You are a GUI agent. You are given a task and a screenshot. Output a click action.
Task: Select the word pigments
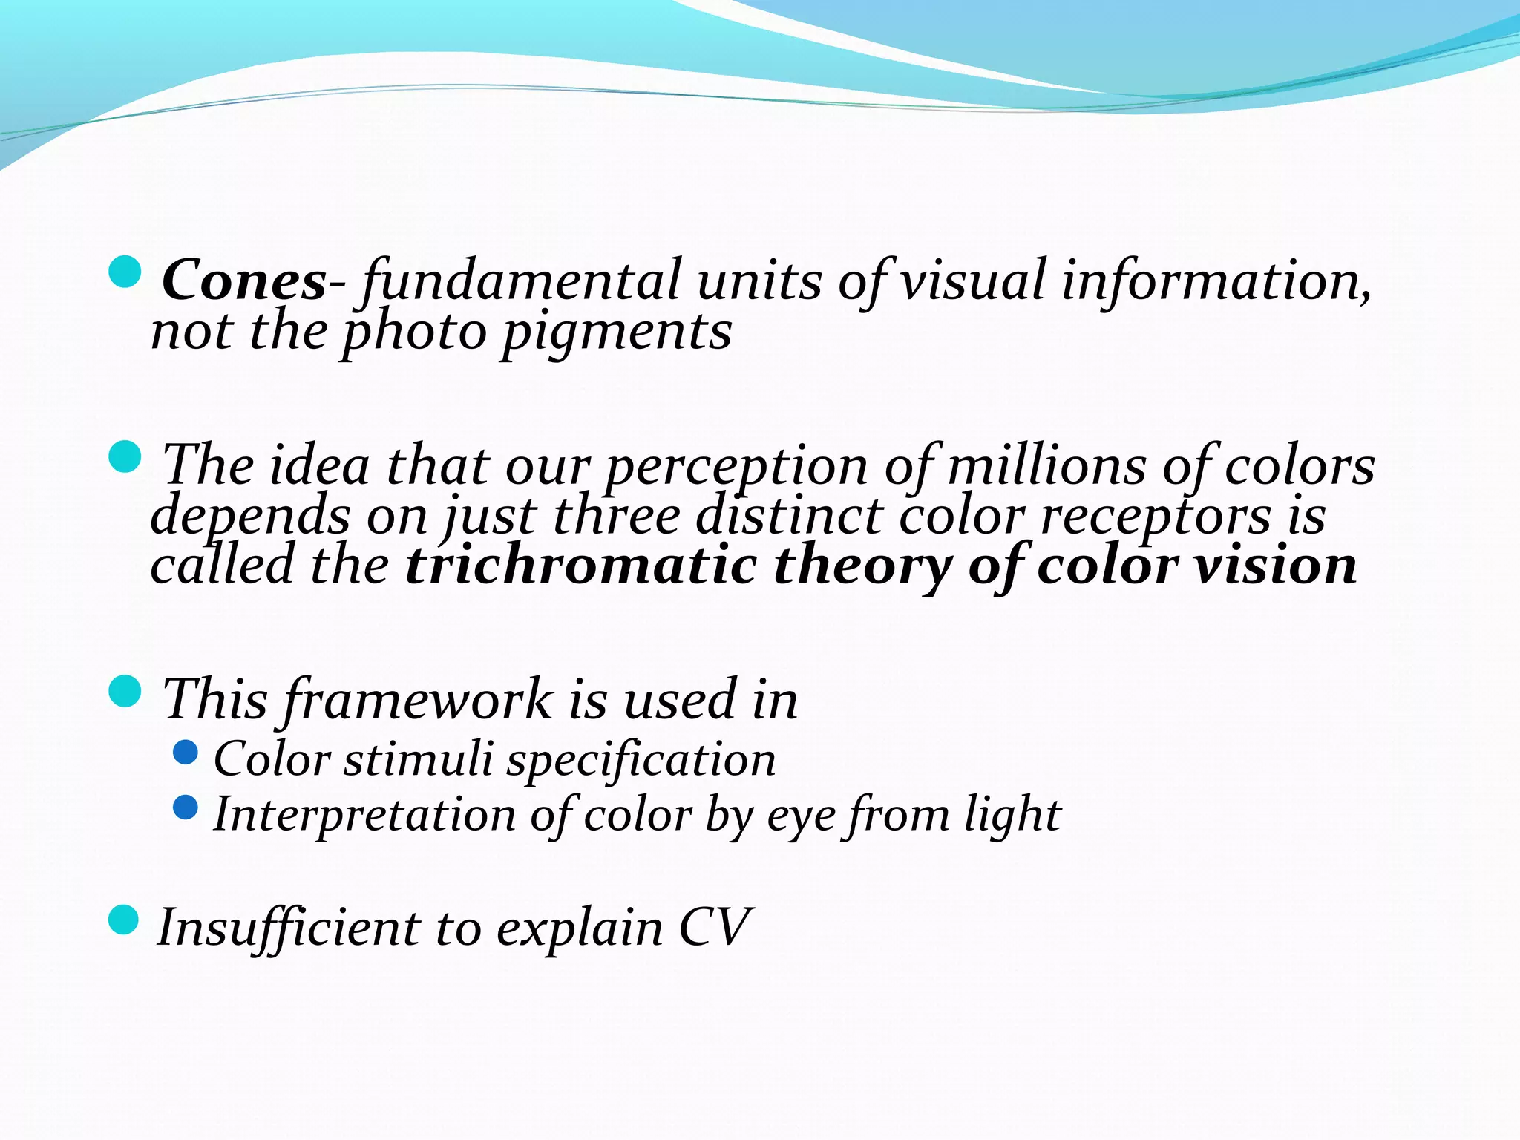[x=617, y=332]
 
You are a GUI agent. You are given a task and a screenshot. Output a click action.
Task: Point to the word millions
[x=1046, y=466]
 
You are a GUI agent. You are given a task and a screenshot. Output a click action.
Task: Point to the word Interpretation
[x=364, y=815]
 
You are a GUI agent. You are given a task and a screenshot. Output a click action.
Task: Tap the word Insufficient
[x=289, y=928]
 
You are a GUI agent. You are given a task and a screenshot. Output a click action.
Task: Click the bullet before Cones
[x=125, y=272]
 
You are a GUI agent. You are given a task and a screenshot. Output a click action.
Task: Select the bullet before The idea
[x=125, y=456]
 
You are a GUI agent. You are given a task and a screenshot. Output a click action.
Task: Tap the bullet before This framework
[x=125, y=691]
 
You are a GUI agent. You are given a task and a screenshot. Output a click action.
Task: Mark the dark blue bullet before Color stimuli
[x=186, y=753]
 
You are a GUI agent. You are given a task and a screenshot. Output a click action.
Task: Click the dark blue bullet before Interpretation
[x=186, y=807]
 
